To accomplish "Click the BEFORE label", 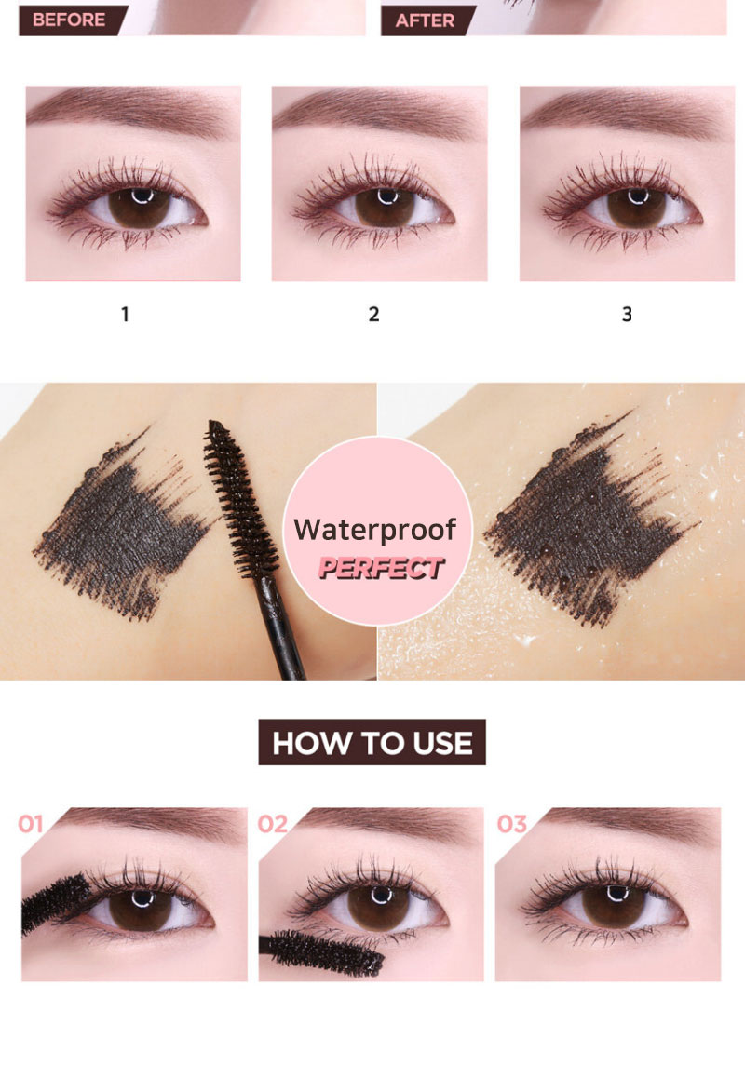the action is (x=69, y=20).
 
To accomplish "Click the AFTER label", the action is (x=425, y=20).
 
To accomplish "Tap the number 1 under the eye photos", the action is (x=125, y=314).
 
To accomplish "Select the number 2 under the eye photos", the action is (x=373, y=314).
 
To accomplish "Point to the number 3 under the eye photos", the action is (x=627, y=314).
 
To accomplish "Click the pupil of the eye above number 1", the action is (x=140, y=206).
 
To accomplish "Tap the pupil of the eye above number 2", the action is (x=386, y=206).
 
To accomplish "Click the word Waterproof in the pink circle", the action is (x=375, y=530).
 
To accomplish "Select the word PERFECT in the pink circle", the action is (x=381, y=568).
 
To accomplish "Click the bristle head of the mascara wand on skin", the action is (x=240, y=500).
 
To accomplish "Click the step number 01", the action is (x=31, y=824).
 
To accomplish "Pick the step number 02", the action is (x=273, y=824).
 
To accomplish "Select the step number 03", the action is (x=512, y=824).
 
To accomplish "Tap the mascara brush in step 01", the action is (x=54, y=901).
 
